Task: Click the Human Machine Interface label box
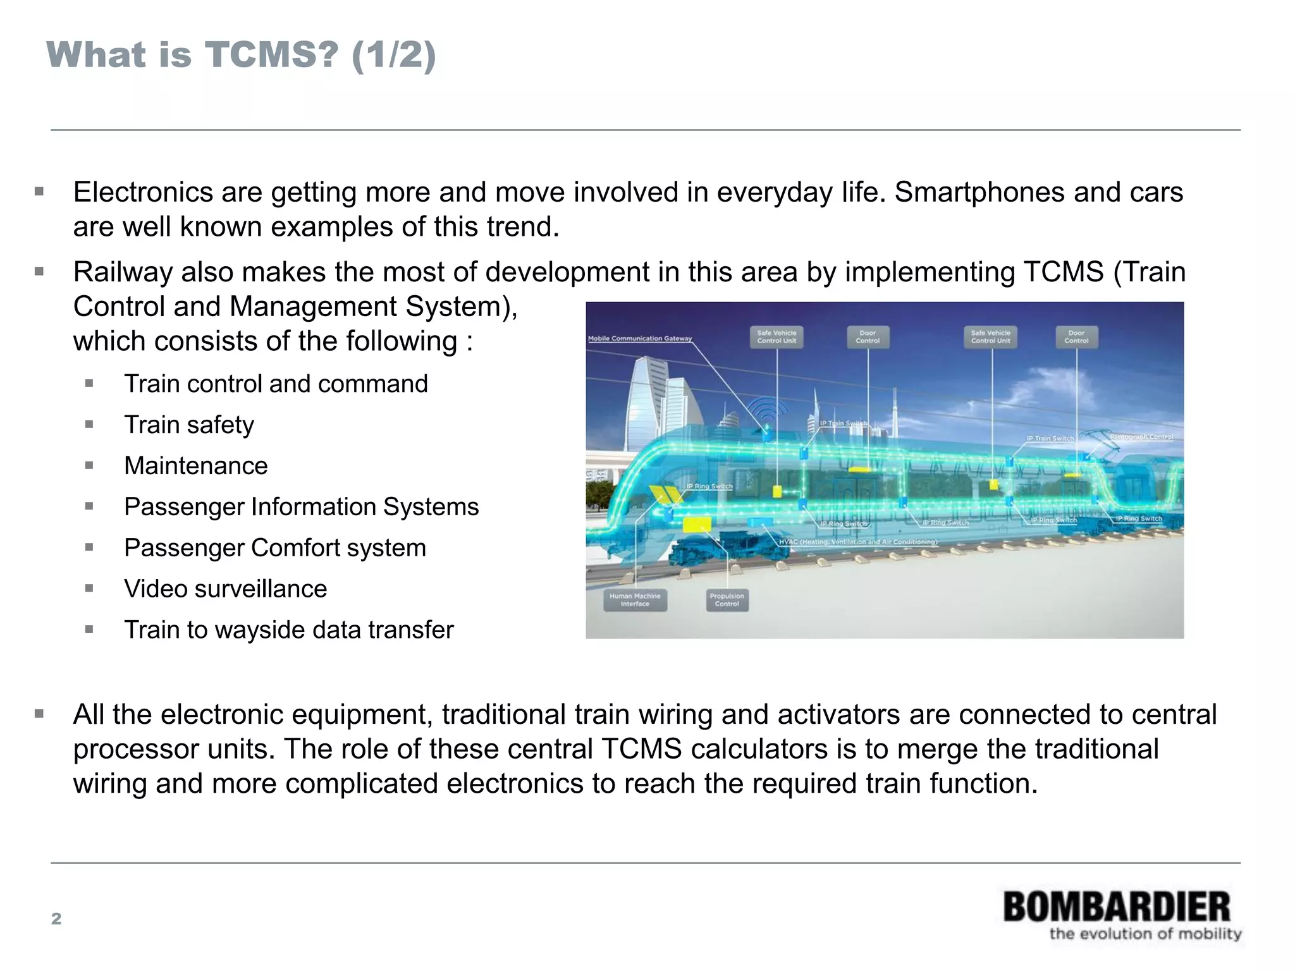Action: click(x=635, y=600)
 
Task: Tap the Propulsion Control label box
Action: click(x=727, y=600)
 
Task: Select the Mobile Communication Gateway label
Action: click(x=640, y=339)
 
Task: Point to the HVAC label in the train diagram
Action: click(x=857, y=542)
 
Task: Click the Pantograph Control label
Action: click(x=1141, y=437)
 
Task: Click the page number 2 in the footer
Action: click(x=56, y=919)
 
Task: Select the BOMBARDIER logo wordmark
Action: click(x=1117, y=907)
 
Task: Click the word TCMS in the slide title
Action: click(x=271, y=54)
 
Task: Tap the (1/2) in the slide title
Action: click(x=393, y=54)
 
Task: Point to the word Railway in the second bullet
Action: click(x=123, y=272)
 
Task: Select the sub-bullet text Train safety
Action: click(x=189, y=425)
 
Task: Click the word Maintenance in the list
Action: click(x=196, y=466)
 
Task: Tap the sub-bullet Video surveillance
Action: click(x=226, y=589)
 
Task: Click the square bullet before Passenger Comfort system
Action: click(x=89, y=547)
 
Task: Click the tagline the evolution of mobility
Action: click(x=1145, y=934)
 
